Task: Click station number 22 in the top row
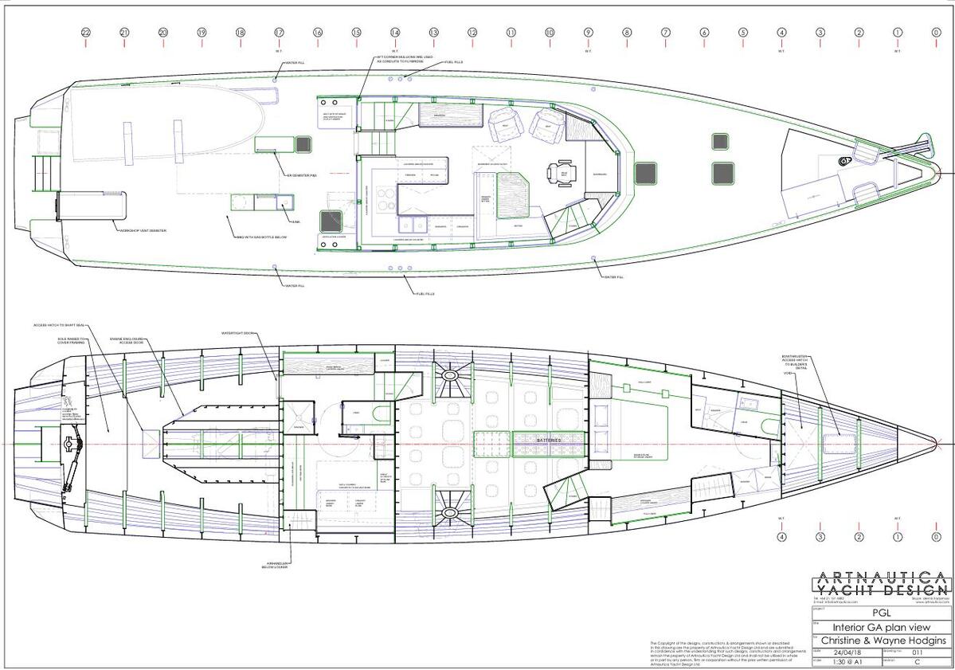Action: [85, 33]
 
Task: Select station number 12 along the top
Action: [472, 33]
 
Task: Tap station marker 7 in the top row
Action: [666, 33]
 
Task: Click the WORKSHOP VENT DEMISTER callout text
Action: [143, 230]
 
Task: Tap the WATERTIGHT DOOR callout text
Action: [237, 333]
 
